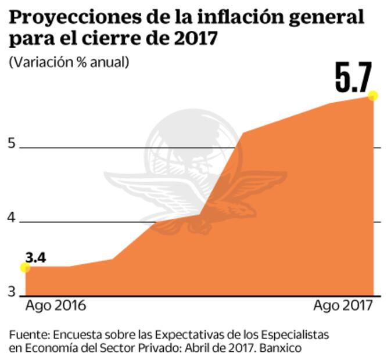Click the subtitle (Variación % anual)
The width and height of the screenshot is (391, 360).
pyautogui.click(x=69, y=62)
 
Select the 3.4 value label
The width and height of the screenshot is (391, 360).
pyautogui.click(x=35, y=257)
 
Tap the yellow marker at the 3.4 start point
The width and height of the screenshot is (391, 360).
pyautogui.click(x=25, y=267)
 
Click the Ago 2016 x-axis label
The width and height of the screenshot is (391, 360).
pyautogui.click(x=55, y=306)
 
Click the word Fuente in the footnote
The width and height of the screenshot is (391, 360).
pyautogui.click(x=28, y=335)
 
